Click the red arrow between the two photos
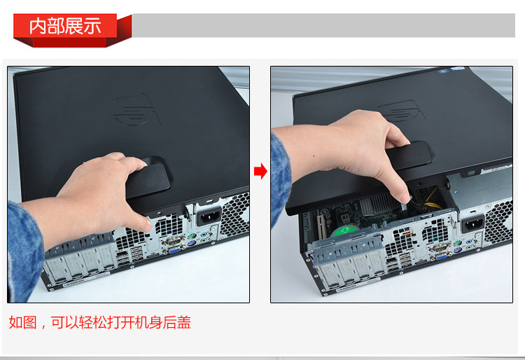260,171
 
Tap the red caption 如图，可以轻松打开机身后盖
100,322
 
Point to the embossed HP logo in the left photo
136,111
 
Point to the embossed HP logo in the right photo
402,111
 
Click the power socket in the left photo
209,216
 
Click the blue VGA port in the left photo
175,249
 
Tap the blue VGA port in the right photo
441,257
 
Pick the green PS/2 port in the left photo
191,235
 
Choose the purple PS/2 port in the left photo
190,243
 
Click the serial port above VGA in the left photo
174,240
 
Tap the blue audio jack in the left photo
204,235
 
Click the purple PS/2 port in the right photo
456,250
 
